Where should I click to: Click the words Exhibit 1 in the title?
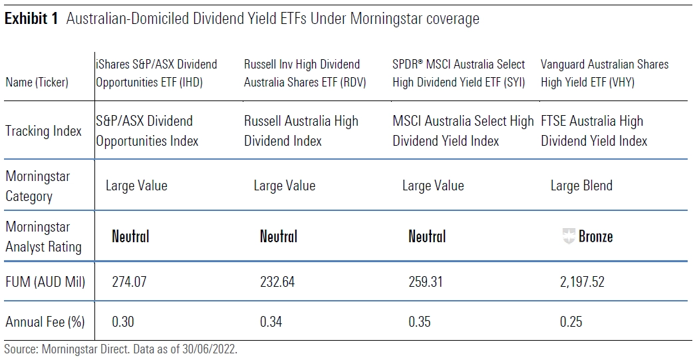point(31,19)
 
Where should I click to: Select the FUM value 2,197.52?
point(583,281)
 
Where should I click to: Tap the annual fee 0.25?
point(571,321)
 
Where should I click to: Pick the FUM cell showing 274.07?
point(129,281)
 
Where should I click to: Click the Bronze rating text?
point(596,236)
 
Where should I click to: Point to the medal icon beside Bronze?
point(569,236)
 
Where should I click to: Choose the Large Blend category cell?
point(581,185)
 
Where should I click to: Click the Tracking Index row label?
point(44,131)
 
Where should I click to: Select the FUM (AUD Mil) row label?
point(45,281)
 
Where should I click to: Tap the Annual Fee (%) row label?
point(45,321)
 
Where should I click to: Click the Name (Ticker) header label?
point(37,83)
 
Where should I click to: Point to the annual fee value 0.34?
point(271,321)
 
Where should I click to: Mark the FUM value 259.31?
point(426,281)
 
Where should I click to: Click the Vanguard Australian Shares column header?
point(605,73)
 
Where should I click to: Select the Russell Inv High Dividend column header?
point(305,73)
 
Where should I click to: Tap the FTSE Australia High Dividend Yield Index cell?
point(594,131)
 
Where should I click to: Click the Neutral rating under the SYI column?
point(427,236)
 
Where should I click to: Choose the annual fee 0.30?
point(122,321)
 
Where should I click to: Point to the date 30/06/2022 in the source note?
point(209,349)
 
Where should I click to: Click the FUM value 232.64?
point(277,281)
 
